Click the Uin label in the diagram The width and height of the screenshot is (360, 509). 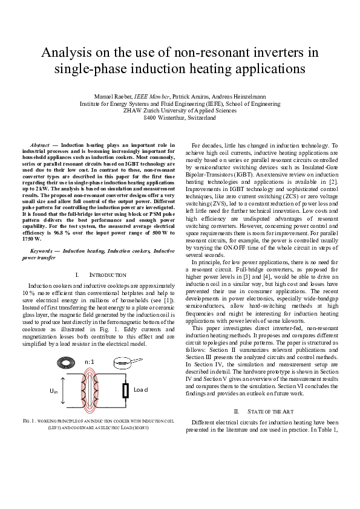click(53, 392)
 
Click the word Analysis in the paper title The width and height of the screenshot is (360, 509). click(66, 53)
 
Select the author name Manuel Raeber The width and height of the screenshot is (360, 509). click(114, 97)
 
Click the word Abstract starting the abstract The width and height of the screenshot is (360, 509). click(40, 146)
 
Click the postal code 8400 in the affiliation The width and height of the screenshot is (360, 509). click(150, 118)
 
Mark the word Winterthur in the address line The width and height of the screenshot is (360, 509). click(177, 118)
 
